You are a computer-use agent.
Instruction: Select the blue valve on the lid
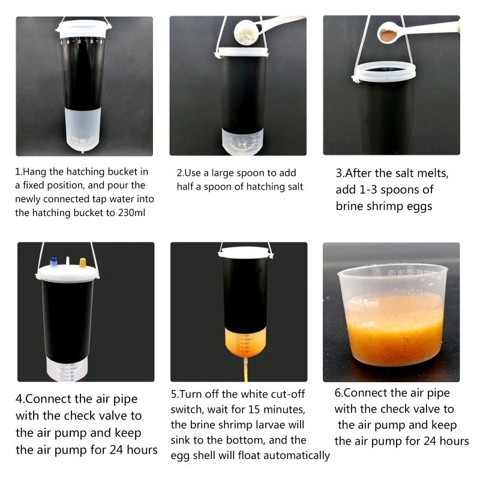53,262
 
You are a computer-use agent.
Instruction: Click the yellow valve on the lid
83,262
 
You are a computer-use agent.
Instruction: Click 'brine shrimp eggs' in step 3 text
385,206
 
